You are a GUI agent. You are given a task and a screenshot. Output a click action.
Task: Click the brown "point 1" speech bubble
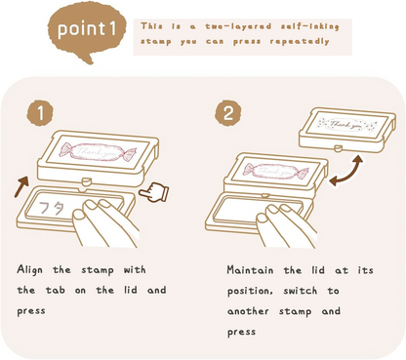87,31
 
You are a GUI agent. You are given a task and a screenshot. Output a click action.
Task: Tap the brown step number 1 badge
40,113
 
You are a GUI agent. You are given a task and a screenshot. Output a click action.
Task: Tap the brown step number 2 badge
228,113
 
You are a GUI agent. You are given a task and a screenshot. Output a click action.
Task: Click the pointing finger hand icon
153,192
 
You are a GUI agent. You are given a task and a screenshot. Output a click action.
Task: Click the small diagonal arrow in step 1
20,187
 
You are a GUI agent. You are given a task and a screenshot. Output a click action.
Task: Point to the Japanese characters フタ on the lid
52,208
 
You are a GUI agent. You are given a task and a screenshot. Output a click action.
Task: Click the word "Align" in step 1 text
29,270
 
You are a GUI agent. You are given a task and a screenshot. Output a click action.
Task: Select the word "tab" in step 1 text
55,290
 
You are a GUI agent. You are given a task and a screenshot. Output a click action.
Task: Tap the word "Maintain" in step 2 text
250,270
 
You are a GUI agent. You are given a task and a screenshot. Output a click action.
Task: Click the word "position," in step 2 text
250,291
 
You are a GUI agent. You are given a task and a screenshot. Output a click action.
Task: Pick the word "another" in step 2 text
248,311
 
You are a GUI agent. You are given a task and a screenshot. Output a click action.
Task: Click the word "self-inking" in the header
309,26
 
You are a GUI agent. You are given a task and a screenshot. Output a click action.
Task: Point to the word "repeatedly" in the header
300,41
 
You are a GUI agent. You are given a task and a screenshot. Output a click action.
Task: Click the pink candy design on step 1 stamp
98,151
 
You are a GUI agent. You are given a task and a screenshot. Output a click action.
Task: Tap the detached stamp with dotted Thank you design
347,130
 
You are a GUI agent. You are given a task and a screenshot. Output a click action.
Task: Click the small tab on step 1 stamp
86,180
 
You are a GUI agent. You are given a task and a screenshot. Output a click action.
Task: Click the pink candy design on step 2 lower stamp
275,171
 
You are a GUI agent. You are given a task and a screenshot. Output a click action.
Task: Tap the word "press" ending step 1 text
31,311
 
